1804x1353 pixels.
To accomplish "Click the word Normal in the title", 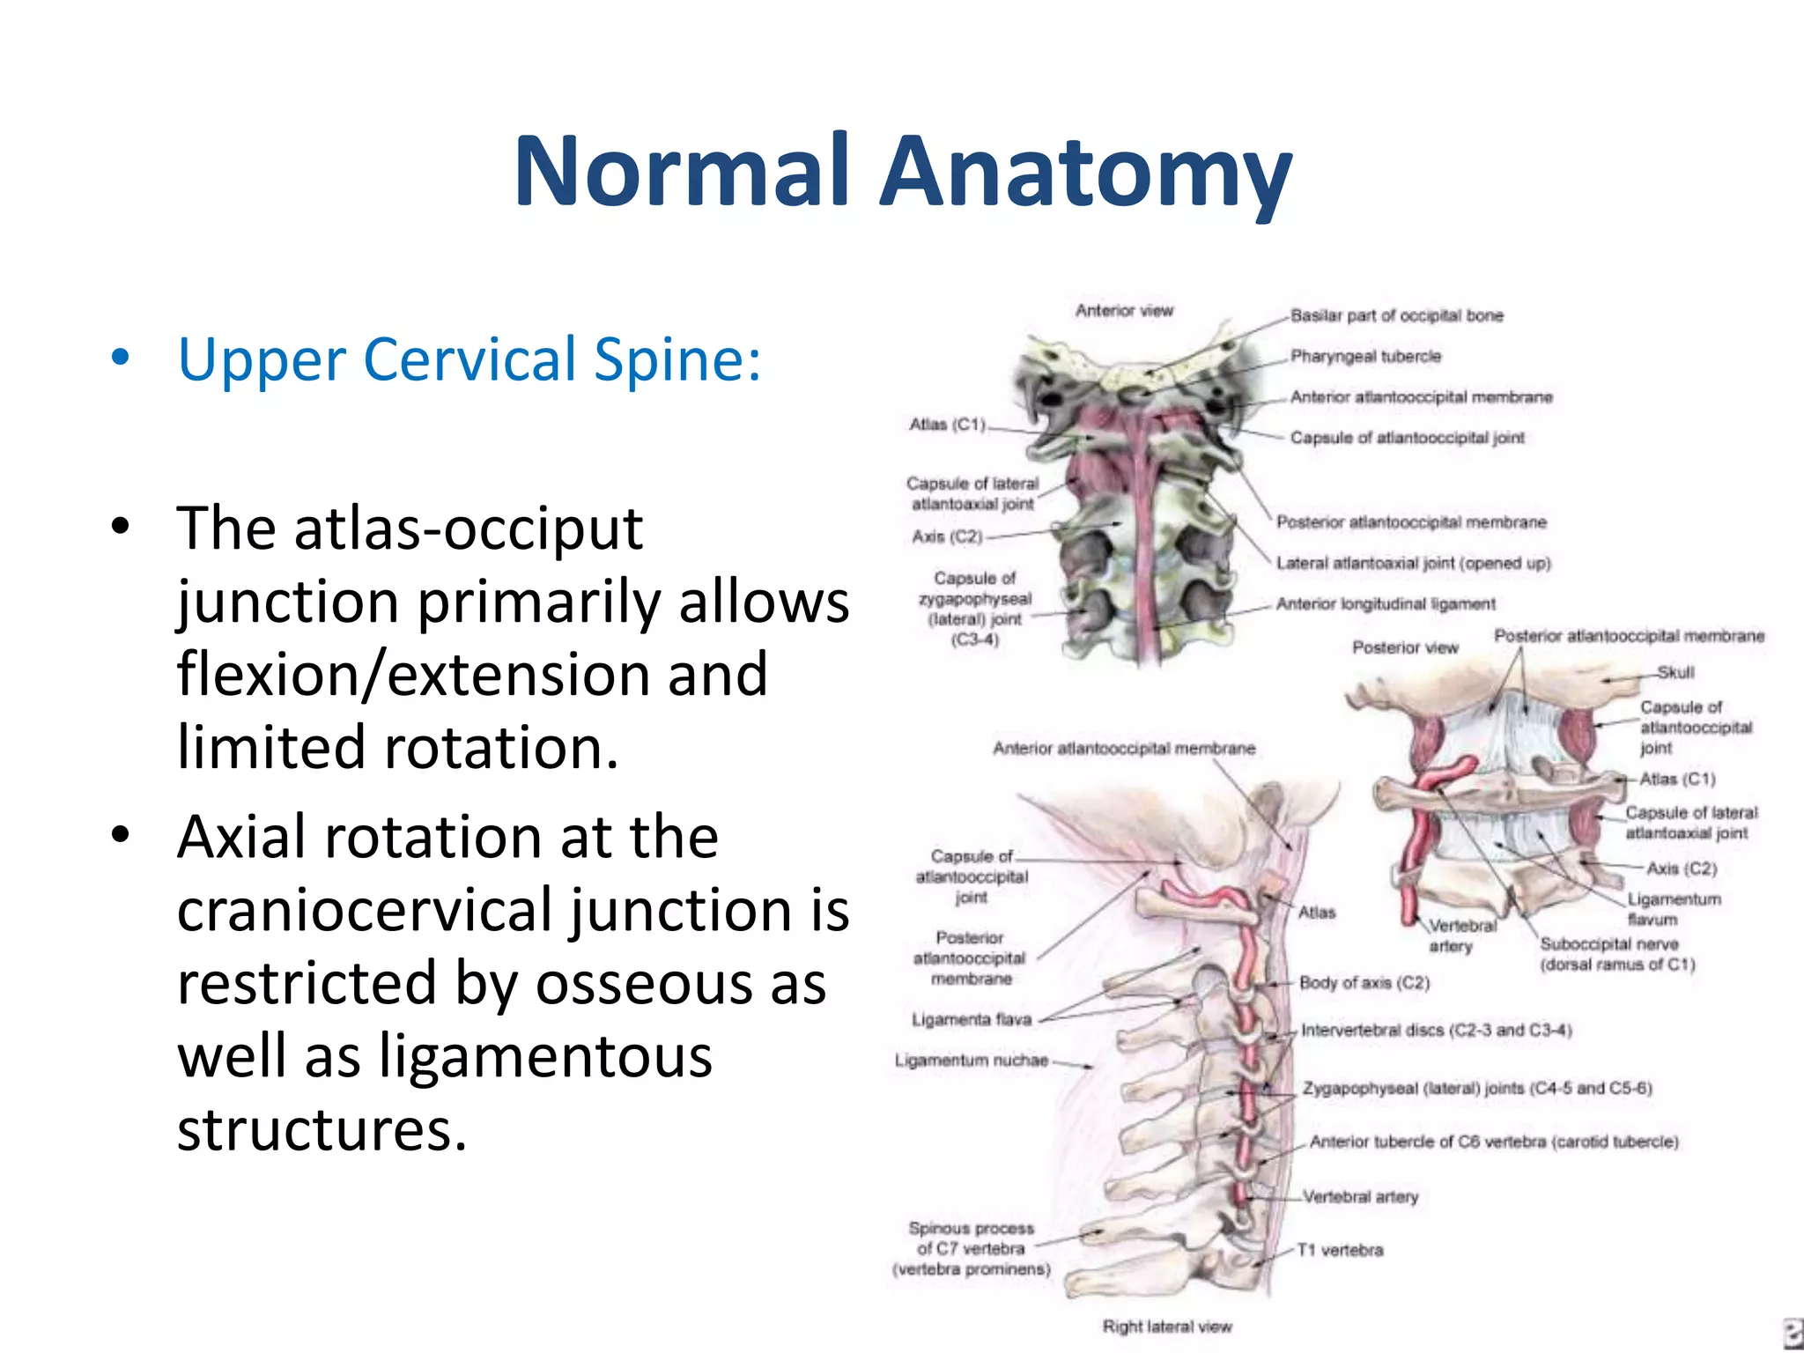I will point(683,172).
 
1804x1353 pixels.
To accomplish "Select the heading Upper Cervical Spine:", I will point(469,359).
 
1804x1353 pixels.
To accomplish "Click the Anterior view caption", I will point(1124,310).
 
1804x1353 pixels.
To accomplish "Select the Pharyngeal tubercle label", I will point(1365,356).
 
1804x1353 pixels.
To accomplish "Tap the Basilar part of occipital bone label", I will point(1396,315).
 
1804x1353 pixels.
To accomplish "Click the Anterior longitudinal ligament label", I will point(1386,603).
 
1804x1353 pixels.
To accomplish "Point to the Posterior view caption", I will point(1405,647).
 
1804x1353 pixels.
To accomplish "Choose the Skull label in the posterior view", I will point(1675,672).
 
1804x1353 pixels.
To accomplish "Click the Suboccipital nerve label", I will point(1616,954).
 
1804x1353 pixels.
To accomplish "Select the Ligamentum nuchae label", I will point(971,1060).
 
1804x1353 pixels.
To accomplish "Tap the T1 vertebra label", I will point(1339,1250).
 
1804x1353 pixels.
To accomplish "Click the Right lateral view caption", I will point(1167,1326).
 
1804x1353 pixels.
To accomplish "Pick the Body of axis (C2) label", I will point(1364,982).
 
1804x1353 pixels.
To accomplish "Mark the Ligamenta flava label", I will point(971,1019).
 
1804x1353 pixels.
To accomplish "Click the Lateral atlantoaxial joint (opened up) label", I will point(1413,563).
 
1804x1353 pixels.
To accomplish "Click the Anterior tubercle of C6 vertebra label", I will point(1493,1142).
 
